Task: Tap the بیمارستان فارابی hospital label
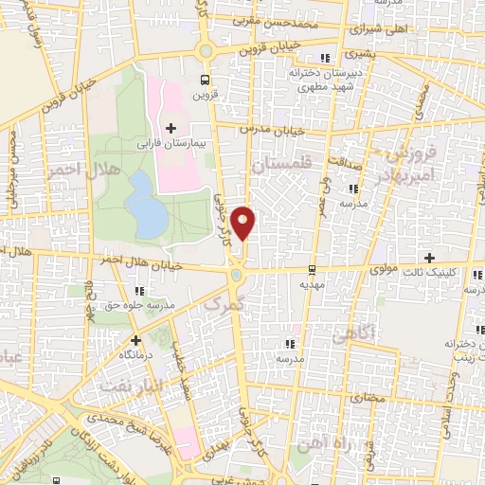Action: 171,145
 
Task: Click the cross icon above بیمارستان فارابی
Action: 171,128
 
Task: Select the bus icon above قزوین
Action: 206,80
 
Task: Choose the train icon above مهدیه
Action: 312,270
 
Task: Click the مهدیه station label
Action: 312,283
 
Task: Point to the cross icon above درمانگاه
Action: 135,339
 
